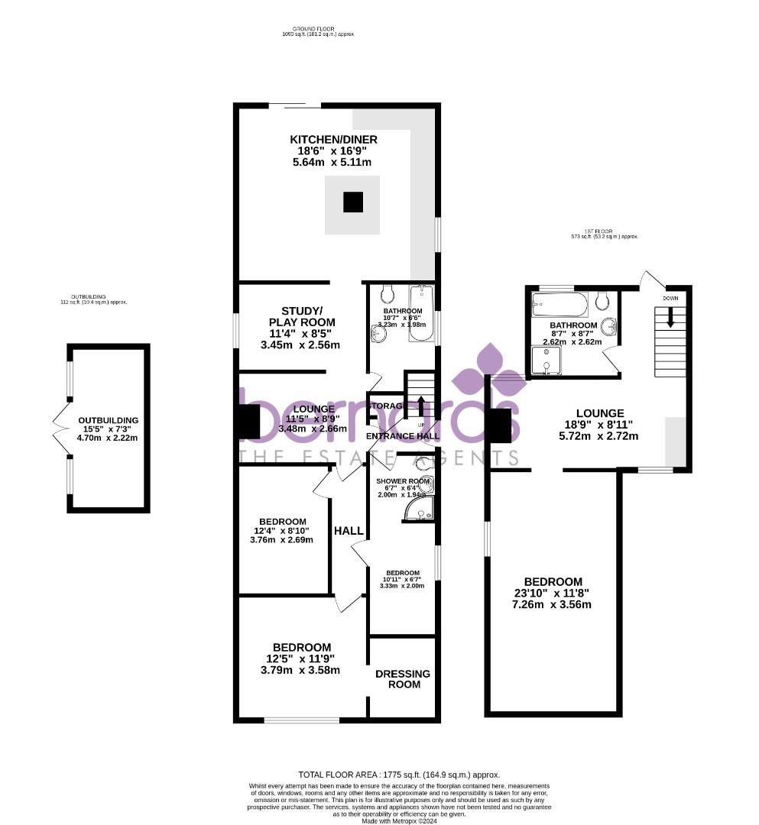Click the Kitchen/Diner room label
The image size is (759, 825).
[x=333, y=139]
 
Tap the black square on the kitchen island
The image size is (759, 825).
[x=352, y=202]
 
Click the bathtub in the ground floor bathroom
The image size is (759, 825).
[x=420, y=313]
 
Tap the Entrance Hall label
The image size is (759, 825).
[x=402, y=436]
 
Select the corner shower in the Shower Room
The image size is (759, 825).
[x=420, y=510]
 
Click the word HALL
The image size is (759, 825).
[x=348, y=531]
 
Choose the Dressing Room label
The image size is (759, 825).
[x=403, y=679]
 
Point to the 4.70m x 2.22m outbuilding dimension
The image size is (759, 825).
[x=108, y=439]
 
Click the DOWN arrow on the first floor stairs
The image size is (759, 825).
[x=670, y=317]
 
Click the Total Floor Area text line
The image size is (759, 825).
[x=398, y=775]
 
